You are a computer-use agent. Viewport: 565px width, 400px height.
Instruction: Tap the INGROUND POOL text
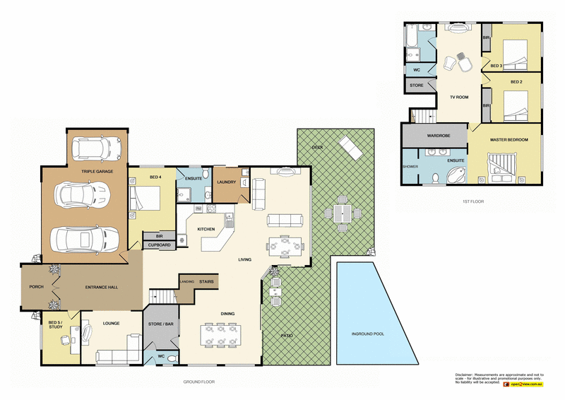pyautogui.click(x=368, y=334)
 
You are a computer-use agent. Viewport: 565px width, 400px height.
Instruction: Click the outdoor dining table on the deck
pyautogui.click(x=343, y=213)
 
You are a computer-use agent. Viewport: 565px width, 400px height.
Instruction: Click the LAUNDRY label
pyautogui.click(x=227, y=182)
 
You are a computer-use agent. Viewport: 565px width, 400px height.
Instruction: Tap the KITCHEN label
pyautogui.click(x=206, y=229)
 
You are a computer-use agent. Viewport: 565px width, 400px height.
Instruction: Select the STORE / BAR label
pyautogui.click(x=160, y=324)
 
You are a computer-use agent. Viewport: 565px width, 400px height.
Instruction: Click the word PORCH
pyautogui.click(x=36, y=286)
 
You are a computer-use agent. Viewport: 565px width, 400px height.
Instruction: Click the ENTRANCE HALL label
pyautogui.click(x=100, y=286)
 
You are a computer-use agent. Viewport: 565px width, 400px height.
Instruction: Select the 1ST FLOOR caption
pyautogui.click(x=471, y=201)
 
